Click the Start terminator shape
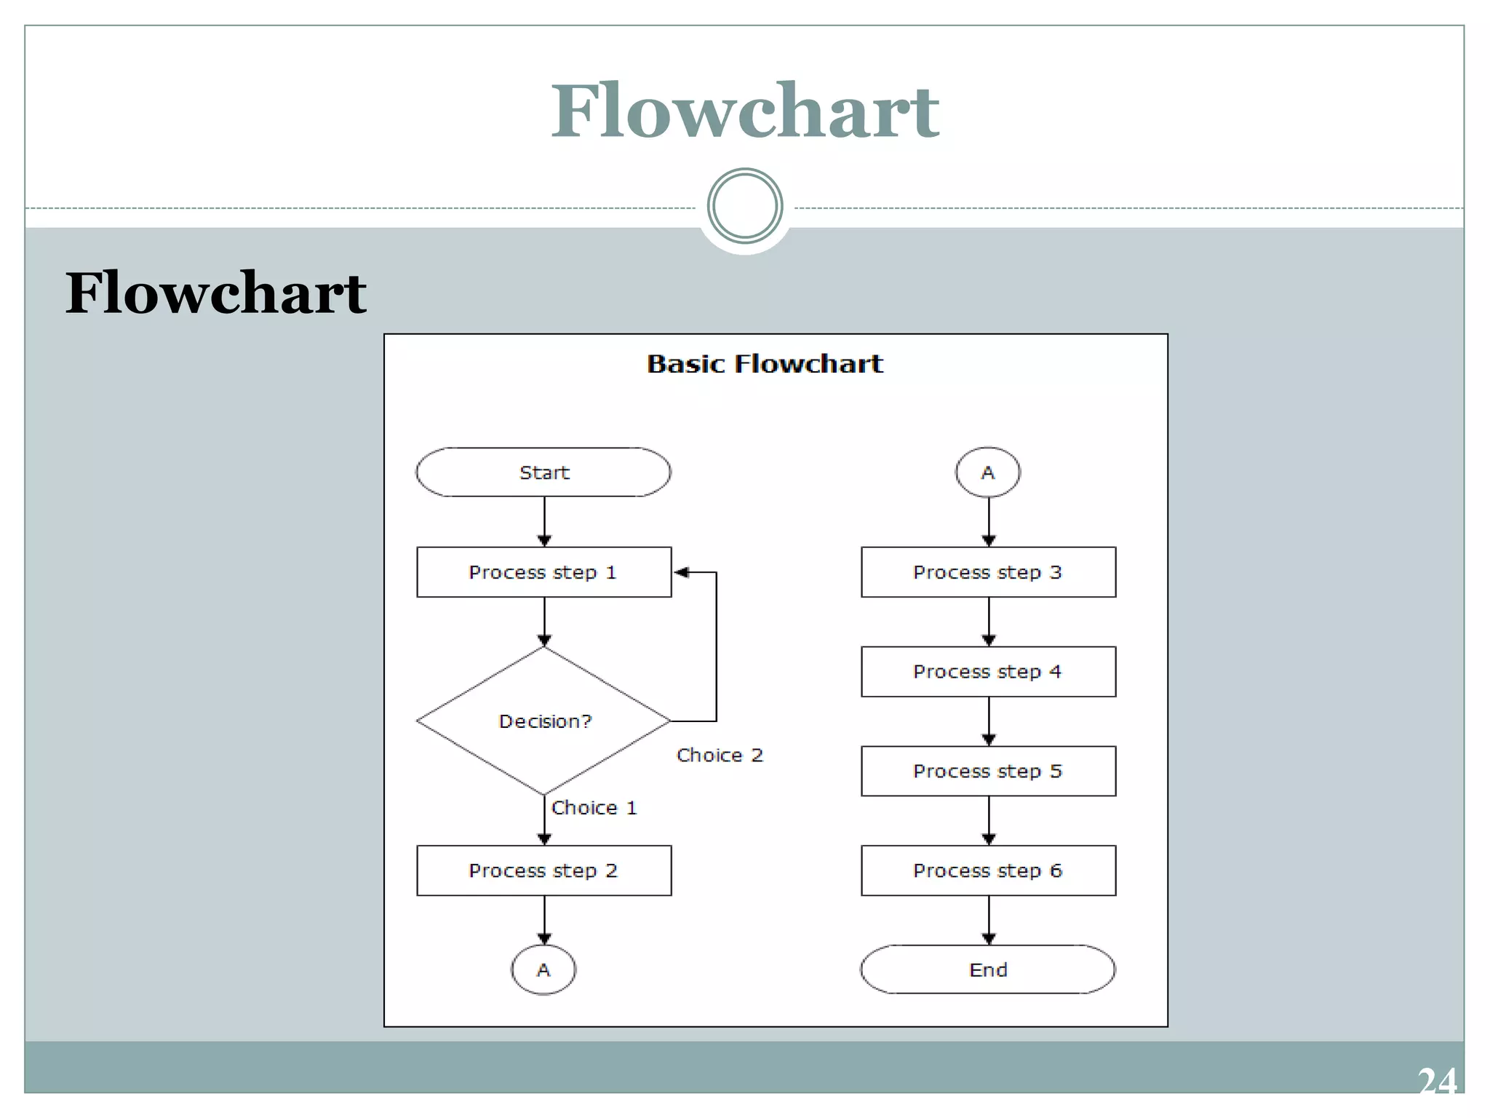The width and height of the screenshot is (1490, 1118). click(543, 472)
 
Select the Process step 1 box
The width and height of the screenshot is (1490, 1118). click(543, 572)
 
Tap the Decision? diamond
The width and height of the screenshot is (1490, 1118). click(543, 721)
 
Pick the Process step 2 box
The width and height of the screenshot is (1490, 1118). click(543, 871)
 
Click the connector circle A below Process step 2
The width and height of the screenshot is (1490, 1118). click(543, 970)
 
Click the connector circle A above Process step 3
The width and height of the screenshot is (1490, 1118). click(987, 472)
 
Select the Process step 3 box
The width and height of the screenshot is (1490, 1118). click(987, 572)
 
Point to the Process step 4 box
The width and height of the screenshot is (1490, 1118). click(987, 671)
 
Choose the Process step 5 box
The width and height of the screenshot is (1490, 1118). click(987, 771)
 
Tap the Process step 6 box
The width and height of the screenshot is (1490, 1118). click(987, 871)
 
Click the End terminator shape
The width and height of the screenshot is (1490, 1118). click(987, 970)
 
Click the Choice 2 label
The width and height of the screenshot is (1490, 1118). click(720, 755)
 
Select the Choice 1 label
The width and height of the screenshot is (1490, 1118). click(594, 807)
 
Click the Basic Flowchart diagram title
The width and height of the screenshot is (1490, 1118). click(765, 363)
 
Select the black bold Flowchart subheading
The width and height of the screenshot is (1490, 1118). click(216, 293)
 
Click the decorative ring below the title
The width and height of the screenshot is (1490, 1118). click(744, 206)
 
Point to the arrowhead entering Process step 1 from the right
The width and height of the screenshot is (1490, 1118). click(681, 572)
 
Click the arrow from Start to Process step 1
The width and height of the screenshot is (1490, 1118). click(544, 521)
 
